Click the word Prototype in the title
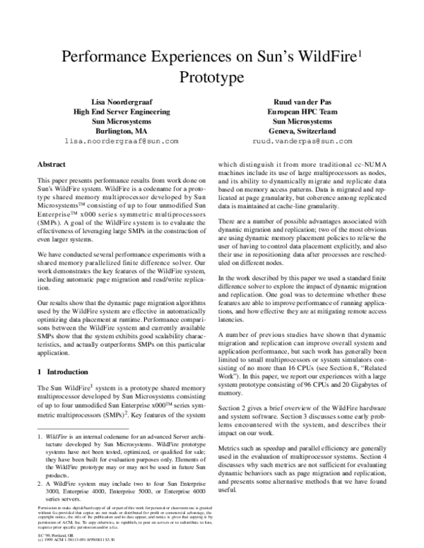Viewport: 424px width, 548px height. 212,76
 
